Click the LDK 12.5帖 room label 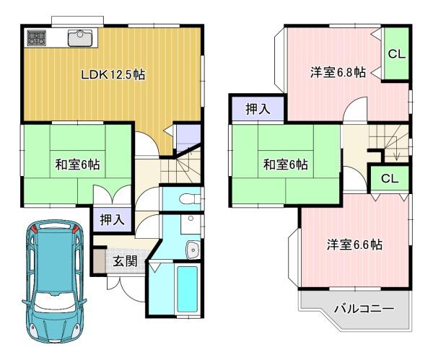pyautogui.click(x=113, y=74)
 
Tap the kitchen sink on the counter pyautogui.click(x=80, y=38)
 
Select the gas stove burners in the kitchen pyautogui.click(x=37, y=38)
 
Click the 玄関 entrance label pyautogui.click(x=126, y=261)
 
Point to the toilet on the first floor pyautogui.click(x=190, y=198)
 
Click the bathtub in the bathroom pyautogui.click(x=188, y=289)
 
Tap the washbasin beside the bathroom pyautogui.click(x=193, y=250)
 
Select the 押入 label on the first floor pyautogui.click(x=112, y=220)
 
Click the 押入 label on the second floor pyautogui.click(x=258, y=110)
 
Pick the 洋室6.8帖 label pyautogui.click(x=338, y=72)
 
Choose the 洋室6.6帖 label pyautogui.click(x=354, y=245)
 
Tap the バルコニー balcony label pyautogui.click(x=364, y=308)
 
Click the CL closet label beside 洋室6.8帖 pyautogui.click(x=396, y=54)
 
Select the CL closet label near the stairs pyautogui.click(x=390, y=179)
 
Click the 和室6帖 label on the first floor pyautogui.click(x=78, y=164)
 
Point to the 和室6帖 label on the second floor pyautogui.click(x=286, y=164)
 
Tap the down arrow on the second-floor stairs pyautogui.click(x=396, y=155)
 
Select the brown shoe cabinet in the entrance pyautogui.click(x=99, y=261)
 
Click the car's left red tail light pyautogui.click(x=33, y=229)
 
